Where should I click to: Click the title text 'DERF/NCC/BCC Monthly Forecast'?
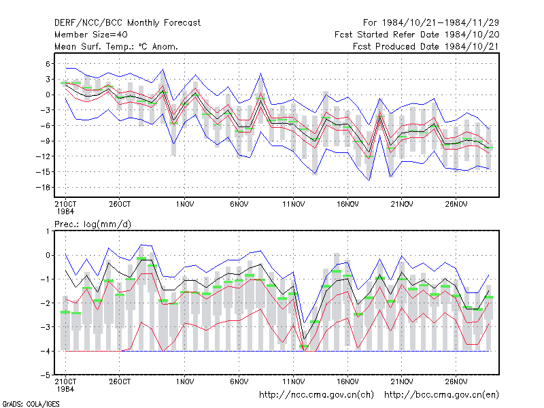tap(127, 23)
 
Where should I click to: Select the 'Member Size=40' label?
tap(91, 35)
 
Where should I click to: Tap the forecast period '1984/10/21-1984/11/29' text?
tap(440, 23)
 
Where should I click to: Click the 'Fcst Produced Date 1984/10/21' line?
tap(426, 46)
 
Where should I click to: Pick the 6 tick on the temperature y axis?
tap(48, 64)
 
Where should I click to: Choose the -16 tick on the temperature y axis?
tap(44, 188)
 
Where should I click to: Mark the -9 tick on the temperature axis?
tap(45, 141)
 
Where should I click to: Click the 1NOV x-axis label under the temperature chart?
tap(184, 205)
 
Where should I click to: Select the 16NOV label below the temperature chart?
tap(347, 205)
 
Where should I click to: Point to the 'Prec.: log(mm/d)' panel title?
tap(92, 224)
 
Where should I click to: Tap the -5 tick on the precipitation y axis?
tap(46, 375)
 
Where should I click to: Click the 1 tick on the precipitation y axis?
tap(48, 231)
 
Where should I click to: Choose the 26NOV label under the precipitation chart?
tap(456, 382)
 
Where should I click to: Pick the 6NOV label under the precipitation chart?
tap(239, 382)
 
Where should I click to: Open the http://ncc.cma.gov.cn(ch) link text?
tap(316, 395)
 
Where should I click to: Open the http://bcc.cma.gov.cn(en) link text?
tap(441, 395)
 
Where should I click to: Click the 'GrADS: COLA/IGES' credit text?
tap(31, 404)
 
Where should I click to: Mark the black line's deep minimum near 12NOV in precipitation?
tap(304, 339)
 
